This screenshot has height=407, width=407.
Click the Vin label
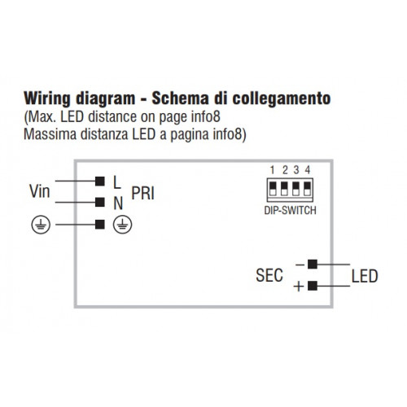click(40, 191)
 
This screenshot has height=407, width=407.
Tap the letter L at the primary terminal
click(116, 182)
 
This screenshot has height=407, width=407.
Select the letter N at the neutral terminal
click(118, 203)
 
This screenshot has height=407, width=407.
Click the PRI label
click(143, 193)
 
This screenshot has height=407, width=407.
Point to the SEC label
click(269, 275)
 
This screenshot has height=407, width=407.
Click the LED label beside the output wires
click(365, 276)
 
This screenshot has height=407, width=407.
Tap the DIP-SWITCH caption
click(291, 211)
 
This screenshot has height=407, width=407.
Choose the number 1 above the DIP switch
click(273, 170)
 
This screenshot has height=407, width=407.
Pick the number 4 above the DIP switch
click(308, 170)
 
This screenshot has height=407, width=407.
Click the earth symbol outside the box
click(41, 225)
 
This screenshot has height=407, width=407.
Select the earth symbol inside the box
click(123, 225)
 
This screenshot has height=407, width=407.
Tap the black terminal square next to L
click(100, 181)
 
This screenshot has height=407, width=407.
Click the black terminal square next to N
click(100, 202)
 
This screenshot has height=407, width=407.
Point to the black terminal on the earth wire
click(100, 225)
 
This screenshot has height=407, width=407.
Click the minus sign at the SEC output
click(300, 265)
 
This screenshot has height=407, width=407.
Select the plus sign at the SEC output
click(299, 287)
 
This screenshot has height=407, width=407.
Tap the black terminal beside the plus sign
click(313, 286)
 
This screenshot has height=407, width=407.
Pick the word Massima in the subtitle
click(50, 134)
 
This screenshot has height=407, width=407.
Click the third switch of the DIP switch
click(296, 189)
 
